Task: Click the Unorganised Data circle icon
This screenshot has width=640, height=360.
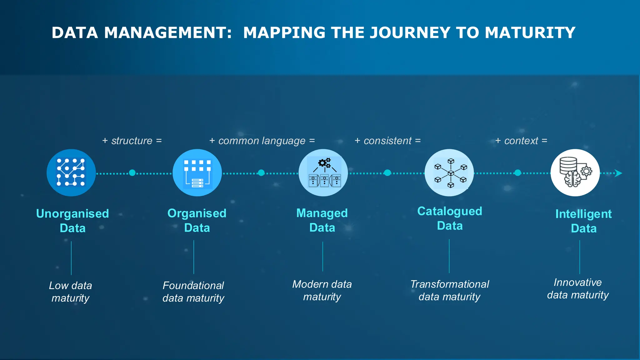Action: click(71, 172)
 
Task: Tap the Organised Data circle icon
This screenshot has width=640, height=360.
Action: click(197, 172)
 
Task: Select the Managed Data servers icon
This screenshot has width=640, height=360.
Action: click(323, 172)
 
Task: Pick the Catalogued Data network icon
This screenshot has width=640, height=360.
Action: click(449, 172)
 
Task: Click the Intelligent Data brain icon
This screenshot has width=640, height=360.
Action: click(575, 172)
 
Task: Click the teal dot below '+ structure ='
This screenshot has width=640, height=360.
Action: click(132, 173)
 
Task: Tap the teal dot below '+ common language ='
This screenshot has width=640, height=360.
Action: click(261, 173)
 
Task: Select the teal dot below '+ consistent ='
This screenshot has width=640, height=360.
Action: click(387, 173)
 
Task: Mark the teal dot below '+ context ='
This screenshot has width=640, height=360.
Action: click(517, 173)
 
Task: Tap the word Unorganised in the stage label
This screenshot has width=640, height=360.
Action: click(72, 214)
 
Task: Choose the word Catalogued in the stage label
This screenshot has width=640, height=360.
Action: click(450, 211)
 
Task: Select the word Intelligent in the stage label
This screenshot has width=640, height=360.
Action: click(583, 214)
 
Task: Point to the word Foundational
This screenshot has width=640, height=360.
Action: click(193, 285)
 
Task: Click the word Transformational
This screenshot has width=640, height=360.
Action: click(449, 284)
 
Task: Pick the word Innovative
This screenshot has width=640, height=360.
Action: click(577, 282)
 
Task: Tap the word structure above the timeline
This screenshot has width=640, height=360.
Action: click(132, 141)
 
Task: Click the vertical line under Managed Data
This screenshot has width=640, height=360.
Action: click(323, 256)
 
